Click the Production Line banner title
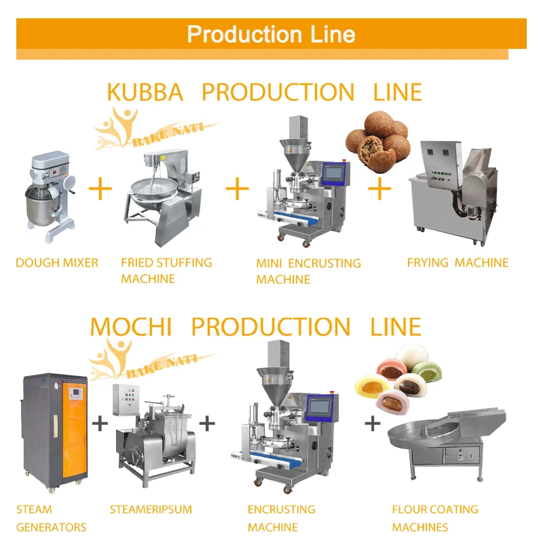point(271,34)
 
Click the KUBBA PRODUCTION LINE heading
point(264,92)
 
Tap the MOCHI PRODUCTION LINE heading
point(255,326)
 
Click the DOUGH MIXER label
point(57,263)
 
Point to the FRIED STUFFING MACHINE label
point(166,270)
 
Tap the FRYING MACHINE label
point(457,263)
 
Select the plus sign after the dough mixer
point(100,189)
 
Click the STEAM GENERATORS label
point(51,518)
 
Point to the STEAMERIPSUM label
point(151,509)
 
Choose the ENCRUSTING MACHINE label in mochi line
point(281,518)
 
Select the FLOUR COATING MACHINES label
point(434,518)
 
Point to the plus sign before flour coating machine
point(372,424)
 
